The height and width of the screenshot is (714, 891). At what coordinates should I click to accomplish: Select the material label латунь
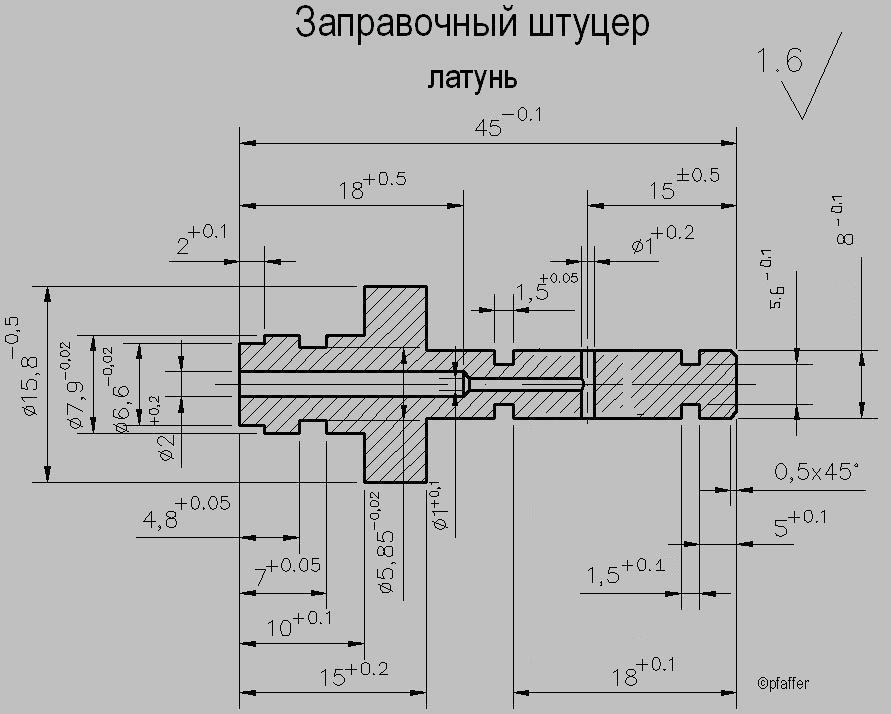(x=472, y=77)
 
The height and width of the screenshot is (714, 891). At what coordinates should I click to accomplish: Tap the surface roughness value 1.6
(x=780, y=62)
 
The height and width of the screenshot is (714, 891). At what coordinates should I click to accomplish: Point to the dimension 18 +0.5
(x=371, y=188)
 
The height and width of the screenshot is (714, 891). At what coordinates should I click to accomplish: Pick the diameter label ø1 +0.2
(x=662, y=241)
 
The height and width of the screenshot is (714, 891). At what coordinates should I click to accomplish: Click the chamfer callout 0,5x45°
(x=816, y=470)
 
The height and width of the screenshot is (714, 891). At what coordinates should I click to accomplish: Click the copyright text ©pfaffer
(x=783, y=685)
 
